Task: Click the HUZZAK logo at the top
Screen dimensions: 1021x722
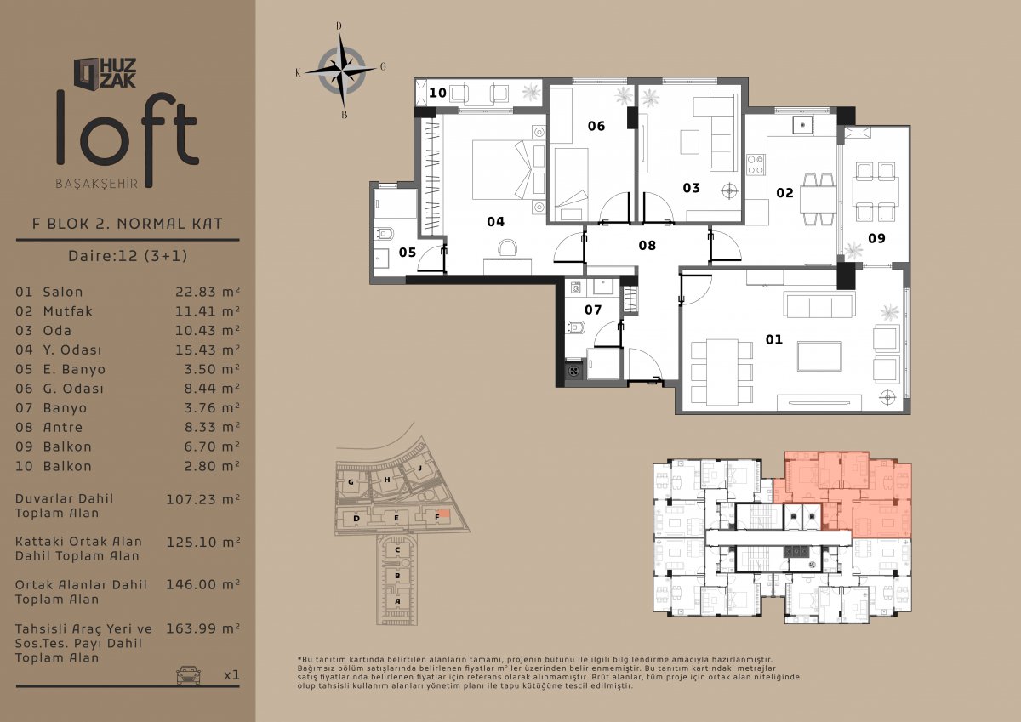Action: click(x=106, y=73)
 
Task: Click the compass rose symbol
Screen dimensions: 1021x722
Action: click(x=341, y=71)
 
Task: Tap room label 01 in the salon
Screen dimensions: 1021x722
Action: click(x=774, y=339)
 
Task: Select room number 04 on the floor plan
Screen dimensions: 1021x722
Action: click(x=495, y=222)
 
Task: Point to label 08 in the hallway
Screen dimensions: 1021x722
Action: click(x=647, y=246)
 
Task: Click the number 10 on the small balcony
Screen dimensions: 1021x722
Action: click(x=437, y=93)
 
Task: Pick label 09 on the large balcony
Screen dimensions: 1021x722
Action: click(x=876, y=238)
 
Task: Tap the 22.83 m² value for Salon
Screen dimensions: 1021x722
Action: click(x=208, y=292)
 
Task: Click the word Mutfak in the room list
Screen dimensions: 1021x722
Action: click(x=67, y=311)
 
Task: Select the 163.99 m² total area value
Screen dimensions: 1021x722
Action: click(x=202, y=628)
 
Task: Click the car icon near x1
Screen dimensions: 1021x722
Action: click(x=188, y=674)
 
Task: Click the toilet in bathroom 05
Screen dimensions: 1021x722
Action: click(x=384, y=234)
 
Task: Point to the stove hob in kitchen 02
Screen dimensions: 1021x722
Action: click(x=756, y=165)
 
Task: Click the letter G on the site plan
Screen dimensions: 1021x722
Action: click(x=351, y=481)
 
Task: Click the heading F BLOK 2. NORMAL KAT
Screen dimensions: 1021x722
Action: click(x=127, y=223)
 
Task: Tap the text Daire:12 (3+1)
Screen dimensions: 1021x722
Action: click(x=128, y=255)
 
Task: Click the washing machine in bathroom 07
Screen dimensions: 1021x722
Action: click(x=576, y=287)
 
